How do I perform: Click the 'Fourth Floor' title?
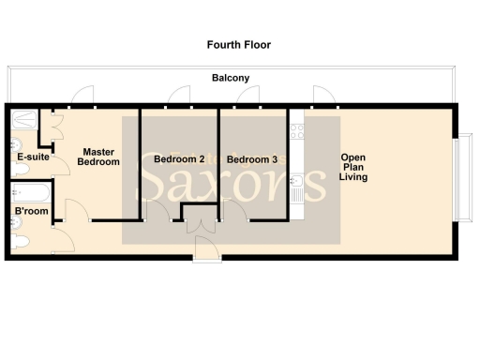[x=239, y=44]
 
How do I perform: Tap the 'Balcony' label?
[x=230, y=79]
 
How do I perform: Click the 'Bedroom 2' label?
[x=179, y=159]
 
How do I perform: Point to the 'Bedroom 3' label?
[x=252, y=159]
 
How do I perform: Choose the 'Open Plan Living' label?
[x=353, y=167]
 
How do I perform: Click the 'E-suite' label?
[x=33, y=157]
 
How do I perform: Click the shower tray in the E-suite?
[x=24, y=120]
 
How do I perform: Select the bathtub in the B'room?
[x=30, y=193]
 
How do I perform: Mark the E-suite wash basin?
[x=17, y=145]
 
